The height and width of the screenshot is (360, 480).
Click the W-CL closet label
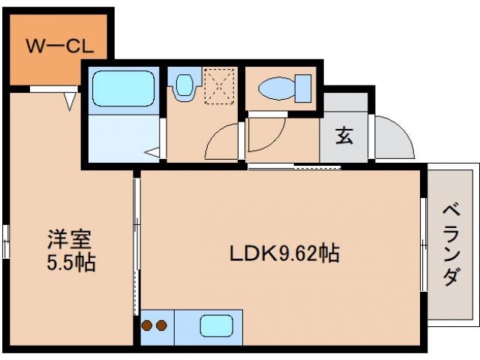pos(59,46)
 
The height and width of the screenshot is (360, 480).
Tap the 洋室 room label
pos(69,241)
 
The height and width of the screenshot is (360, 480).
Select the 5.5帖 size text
pos(69,263)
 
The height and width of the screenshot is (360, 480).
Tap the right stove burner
pos(161,325)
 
